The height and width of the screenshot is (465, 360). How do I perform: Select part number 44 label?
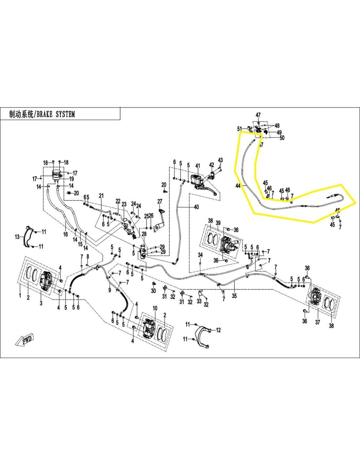[x=238, y=186]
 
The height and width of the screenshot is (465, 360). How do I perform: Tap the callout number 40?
[x=196, y=207]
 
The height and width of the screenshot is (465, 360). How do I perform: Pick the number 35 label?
[x=234, y=296]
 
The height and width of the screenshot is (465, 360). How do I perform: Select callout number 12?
[x=218, y=330]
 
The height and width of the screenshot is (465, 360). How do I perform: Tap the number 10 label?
[x=155, y=308]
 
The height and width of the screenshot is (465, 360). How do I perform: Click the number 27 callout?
[x=160, y=201]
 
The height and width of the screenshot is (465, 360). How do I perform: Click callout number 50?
[x=282, y=138]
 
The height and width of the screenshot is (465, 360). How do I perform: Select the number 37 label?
[x=317, y=322]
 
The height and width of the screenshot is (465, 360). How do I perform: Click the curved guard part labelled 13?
[x=29, y=236]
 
